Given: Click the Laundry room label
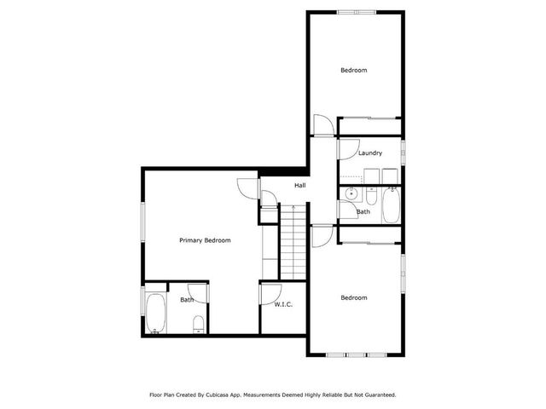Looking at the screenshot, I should click(x=369, y=153).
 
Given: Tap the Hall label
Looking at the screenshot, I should click(x=300, y=186).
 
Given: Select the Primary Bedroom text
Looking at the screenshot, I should click(x=205, y=240).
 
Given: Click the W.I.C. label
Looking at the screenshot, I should click(x=283, y=303).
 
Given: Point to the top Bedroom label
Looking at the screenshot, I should click(x=354, y=70).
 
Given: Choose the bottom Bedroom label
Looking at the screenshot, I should click(x=354, y=297).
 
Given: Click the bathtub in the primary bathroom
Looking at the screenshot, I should click(x=156, y=313).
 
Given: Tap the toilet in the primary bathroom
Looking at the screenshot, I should click(x=199, y=324).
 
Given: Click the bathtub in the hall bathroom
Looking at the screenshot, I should click(x=391, y=204).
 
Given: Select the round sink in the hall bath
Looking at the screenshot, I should click(x=350, y=194).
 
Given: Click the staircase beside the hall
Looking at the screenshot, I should click(x=293, y=242).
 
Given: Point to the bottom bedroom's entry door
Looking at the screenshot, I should click(x=322, y=236).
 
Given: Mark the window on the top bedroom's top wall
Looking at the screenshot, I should click(x=356, y=12).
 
